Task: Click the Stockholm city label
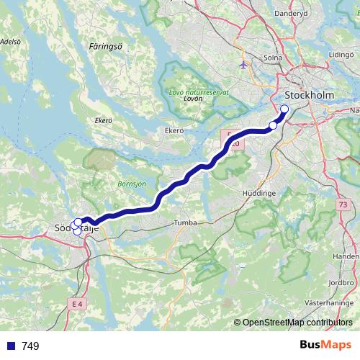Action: coord(311,95)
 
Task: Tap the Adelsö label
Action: coord(10,42)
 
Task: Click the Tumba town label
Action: coord(186,223)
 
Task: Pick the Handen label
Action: coord(346,256)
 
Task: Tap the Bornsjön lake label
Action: coord(132,184)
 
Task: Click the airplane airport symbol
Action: coord(243,65)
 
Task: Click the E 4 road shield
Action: coord(78,305)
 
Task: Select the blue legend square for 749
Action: coord(10,346)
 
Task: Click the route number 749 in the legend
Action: coord(30,346)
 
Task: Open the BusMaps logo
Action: coord(325,345)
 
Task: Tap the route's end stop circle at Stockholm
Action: coord(284,109)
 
